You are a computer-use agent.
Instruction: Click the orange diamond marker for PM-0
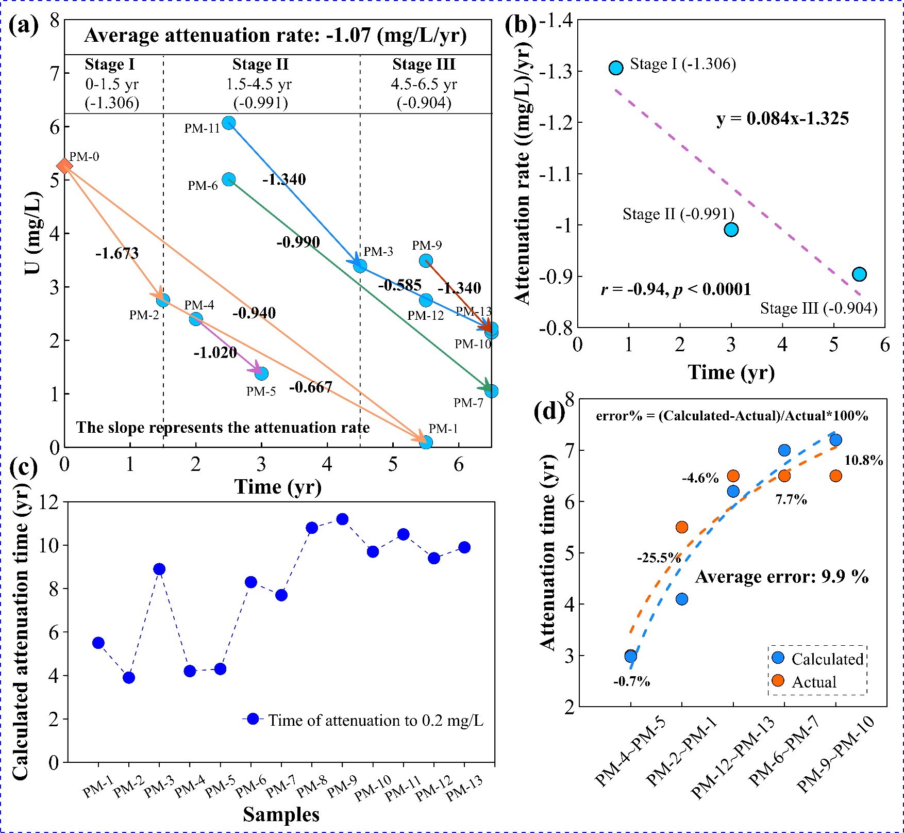click(x=64, y=166)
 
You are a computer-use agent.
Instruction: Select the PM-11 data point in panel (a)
click(x=229, y=123)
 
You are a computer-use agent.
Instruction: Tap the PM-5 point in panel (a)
click(x=261, y=373)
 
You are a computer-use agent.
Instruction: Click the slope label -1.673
click(x=117, y=253)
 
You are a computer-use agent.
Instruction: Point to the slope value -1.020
click(x=215, y=353)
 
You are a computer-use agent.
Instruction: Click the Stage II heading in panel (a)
click(x=260, y=64)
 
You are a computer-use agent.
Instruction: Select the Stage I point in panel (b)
click(x=616, y=68)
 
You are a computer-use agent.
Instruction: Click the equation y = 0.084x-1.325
click(x=782, y=119)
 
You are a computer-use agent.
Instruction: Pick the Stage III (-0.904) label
click(x=818, y=308)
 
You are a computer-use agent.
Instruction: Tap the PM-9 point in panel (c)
click(x=342, y=519)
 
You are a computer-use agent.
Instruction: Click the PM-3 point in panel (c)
click(x=159, y=569)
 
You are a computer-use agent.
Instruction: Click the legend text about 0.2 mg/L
click(x=376, y=720)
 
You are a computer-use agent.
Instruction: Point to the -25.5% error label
click(x=659, y=558)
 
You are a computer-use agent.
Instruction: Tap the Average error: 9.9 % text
click(x=781, y=577)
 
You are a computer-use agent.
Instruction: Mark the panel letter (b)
click(x=521, y=24)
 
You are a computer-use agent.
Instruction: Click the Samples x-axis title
click(x=281, y=814)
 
